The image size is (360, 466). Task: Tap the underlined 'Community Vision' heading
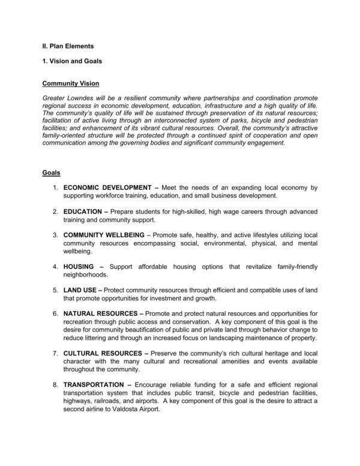point(71,83)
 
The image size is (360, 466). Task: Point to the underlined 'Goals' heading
point(51,173)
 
